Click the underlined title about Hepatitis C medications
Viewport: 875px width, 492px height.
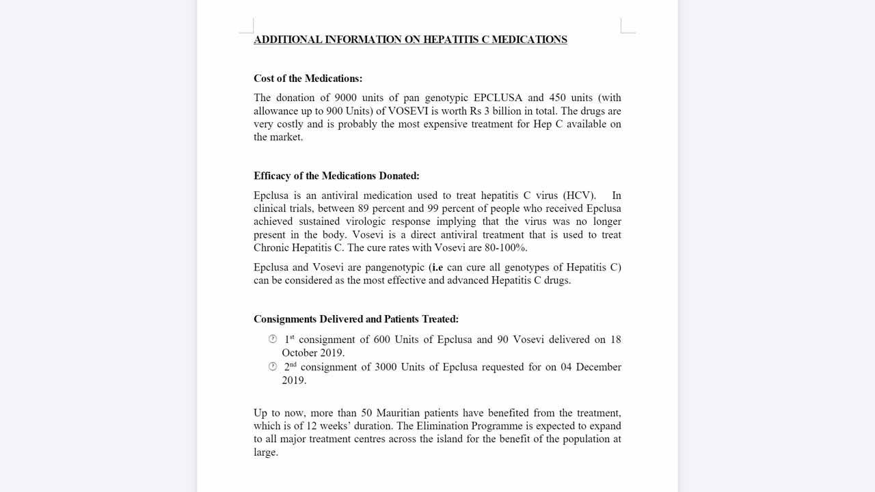pyautogui.click(x=410, y=40)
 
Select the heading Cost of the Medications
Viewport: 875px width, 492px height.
pyautogui.click(x=308, y=79)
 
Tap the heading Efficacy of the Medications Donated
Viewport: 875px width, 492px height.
pyautogui.click(x=336, y=176)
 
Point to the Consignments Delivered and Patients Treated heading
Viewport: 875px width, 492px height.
pyautogui.click(x=355, y=319)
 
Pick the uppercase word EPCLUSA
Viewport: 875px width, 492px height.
pyautogui.click(x=497, y=98)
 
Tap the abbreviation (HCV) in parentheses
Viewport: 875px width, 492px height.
pyautogui.click(x=579, y=195)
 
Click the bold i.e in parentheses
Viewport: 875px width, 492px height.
pyautogui.click(x=437, y=267)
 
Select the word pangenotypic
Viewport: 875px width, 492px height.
pyautogui.click(x=394, y=267)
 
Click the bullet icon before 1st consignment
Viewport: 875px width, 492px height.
pyautogui.click(x=273, y=339)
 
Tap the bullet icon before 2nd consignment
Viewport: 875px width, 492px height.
pyautogui.click(x=273, y=366)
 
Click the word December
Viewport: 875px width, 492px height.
pyautogui.click(x=598, y=367)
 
